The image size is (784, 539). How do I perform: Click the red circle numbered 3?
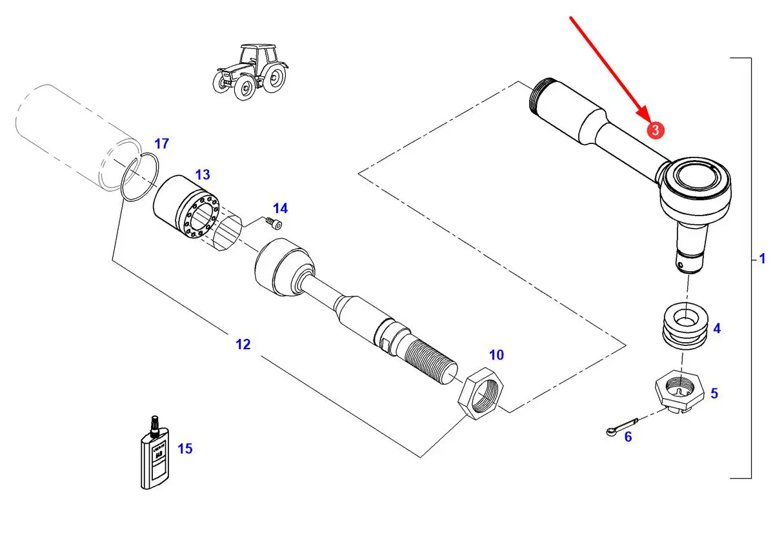655,130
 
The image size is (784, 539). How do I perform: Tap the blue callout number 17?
161,143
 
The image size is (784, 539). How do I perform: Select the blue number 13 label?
202,175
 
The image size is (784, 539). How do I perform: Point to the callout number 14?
280,208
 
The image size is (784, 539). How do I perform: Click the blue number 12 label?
243,345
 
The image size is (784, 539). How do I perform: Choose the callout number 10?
496,354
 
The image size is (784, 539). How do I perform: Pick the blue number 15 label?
185,449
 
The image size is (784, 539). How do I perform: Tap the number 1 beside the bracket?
762,259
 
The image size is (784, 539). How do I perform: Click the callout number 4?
717,329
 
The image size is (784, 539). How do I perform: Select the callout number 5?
714,393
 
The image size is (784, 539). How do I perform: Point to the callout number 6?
628,437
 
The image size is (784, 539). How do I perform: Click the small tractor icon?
250,71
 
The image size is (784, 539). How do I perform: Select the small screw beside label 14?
274,223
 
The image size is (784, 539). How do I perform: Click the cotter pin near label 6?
622,427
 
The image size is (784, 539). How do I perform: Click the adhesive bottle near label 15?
154,454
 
